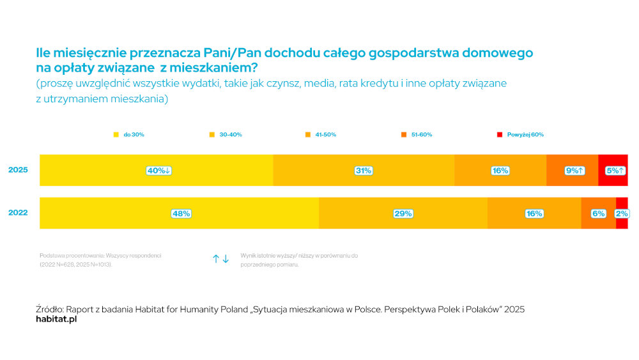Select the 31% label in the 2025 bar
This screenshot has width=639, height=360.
[x=364, y=171]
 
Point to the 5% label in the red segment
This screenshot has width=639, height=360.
[x=615, y=171]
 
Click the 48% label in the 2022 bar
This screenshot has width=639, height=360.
[x=181, y=214]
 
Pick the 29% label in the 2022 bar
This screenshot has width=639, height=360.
[x=403, y=214]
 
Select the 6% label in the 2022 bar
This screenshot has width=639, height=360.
[x=598, y=214]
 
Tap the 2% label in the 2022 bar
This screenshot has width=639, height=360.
[x=621, y=214]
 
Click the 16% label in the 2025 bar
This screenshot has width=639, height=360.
[x=500, y=171]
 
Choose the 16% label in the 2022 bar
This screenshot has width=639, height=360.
[x=534, y=214]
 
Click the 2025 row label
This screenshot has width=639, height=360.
[x=18, y=170]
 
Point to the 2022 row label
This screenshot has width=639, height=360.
[x=18, y=213]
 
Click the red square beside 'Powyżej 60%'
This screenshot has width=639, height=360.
[x=500, y=135]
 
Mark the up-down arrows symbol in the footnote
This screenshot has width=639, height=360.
[x=220, y=259]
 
